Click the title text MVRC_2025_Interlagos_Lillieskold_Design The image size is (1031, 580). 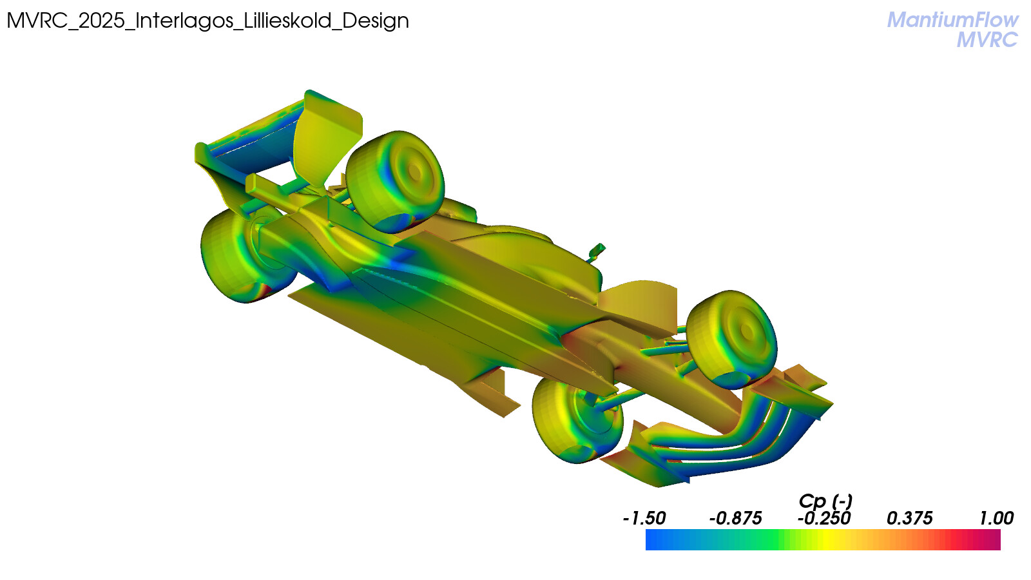coord(207,21)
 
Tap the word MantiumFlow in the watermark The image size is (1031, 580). coord(952,20)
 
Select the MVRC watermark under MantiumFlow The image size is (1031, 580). coord(987,40)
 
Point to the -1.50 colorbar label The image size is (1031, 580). coord(644,519)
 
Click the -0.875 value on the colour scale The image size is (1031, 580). coord(735,519)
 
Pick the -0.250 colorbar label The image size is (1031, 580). coord(824,519)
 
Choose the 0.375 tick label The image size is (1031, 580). coord(909,519)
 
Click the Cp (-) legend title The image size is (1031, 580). coord(825,501)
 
